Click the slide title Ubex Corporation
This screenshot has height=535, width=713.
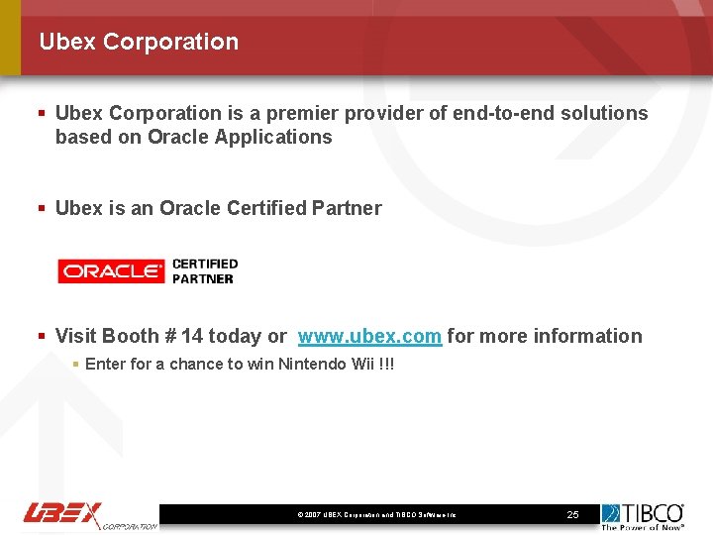[139, 42]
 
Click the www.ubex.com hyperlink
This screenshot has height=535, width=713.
[369, 336]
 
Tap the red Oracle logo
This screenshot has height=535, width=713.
[111, 270]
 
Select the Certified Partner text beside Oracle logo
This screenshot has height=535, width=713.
[205, 270]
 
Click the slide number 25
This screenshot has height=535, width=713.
[572, 515]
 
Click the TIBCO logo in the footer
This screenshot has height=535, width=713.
[643, 515]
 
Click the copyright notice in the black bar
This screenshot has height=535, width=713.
[376, 515]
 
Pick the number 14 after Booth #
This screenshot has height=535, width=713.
[192, 336]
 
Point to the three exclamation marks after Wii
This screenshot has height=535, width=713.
[387, 364]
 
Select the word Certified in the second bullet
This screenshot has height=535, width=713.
[266, 208]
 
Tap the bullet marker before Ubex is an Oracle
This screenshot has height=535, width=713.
[42, 208]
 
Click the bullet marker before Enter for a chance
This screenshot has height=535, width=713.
[76, 364]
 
